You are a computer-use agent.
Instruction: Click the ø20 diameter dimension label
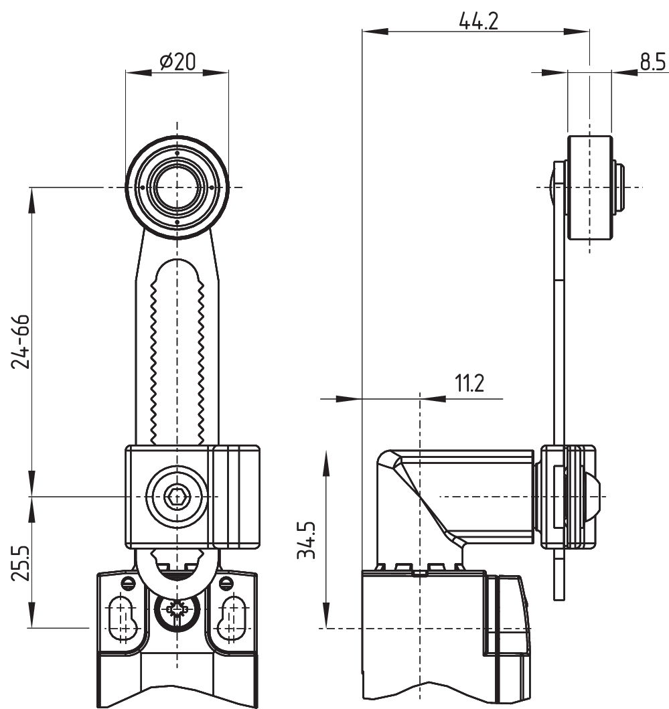177,62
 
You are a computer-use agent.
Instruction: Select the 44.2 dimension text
478,21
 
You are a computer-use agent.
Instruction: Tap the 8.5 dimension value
652,62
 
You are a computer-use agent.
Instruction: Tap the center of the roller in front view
177,187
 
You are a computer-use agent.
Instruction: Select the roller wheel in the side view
590,187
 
